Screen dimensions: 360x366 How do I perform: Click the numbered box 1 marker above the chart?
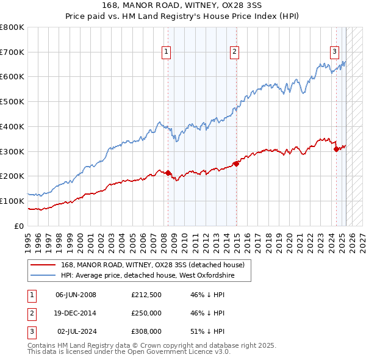(166, 52)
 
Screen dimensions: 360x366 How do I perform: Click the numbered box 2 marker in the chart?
(234, 52)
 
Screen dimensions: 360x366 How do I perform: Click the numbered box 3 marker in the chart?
(335, 52)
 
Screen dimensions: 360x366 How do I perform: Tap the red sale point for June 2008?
(168, 173)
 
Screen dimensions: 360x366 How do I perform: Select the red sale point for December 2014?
(236, 163)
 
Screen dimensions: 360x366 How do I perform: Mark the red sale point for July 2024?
(336, 149)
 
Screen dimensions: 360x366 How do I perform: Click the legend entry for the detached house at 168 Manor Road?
(152, 265)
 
